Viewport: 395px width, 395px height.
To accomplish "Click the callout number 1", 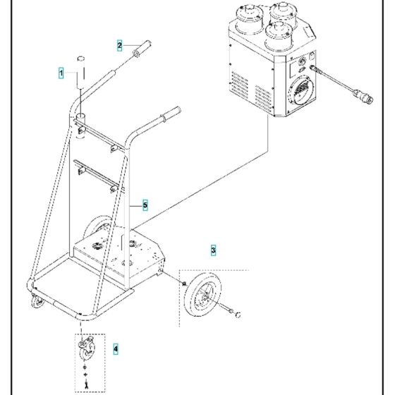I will click(61, 73).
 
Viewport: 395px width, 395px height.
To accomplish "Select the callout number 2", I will click(120, 44).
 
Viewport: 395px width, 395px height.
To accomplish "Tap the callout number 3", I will click(214, 250).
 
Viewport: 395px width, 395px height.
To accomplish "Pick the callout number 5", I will click(145, 205).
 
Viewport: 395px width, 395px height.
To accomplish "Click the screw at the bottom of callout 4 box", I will click(85, 383).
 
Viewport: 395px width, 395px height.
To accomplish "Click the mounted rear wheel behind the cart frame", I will click(95, 232).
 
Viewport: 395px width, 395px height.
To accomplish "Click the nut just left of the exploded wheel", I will click(183, 284).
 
